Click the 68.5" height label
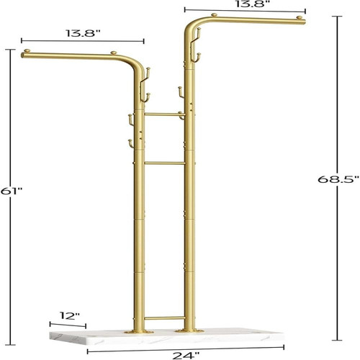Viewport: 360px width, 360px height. [338, 179]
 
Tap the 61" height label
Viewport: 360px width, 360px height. [11, 191]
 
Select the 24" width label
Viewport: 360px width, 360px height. [186, 356]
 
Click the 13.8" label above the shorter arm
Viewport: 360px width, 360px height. [83, 33]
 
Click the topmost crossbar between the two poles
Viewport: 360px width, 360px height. [165, 114]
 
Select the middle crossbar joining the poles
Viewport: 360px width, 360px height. [165, 163]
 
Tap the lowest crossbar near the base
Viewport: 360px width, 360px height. [165, 318]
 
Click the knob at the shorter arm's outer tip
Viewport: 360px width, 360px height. [27, 51]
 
